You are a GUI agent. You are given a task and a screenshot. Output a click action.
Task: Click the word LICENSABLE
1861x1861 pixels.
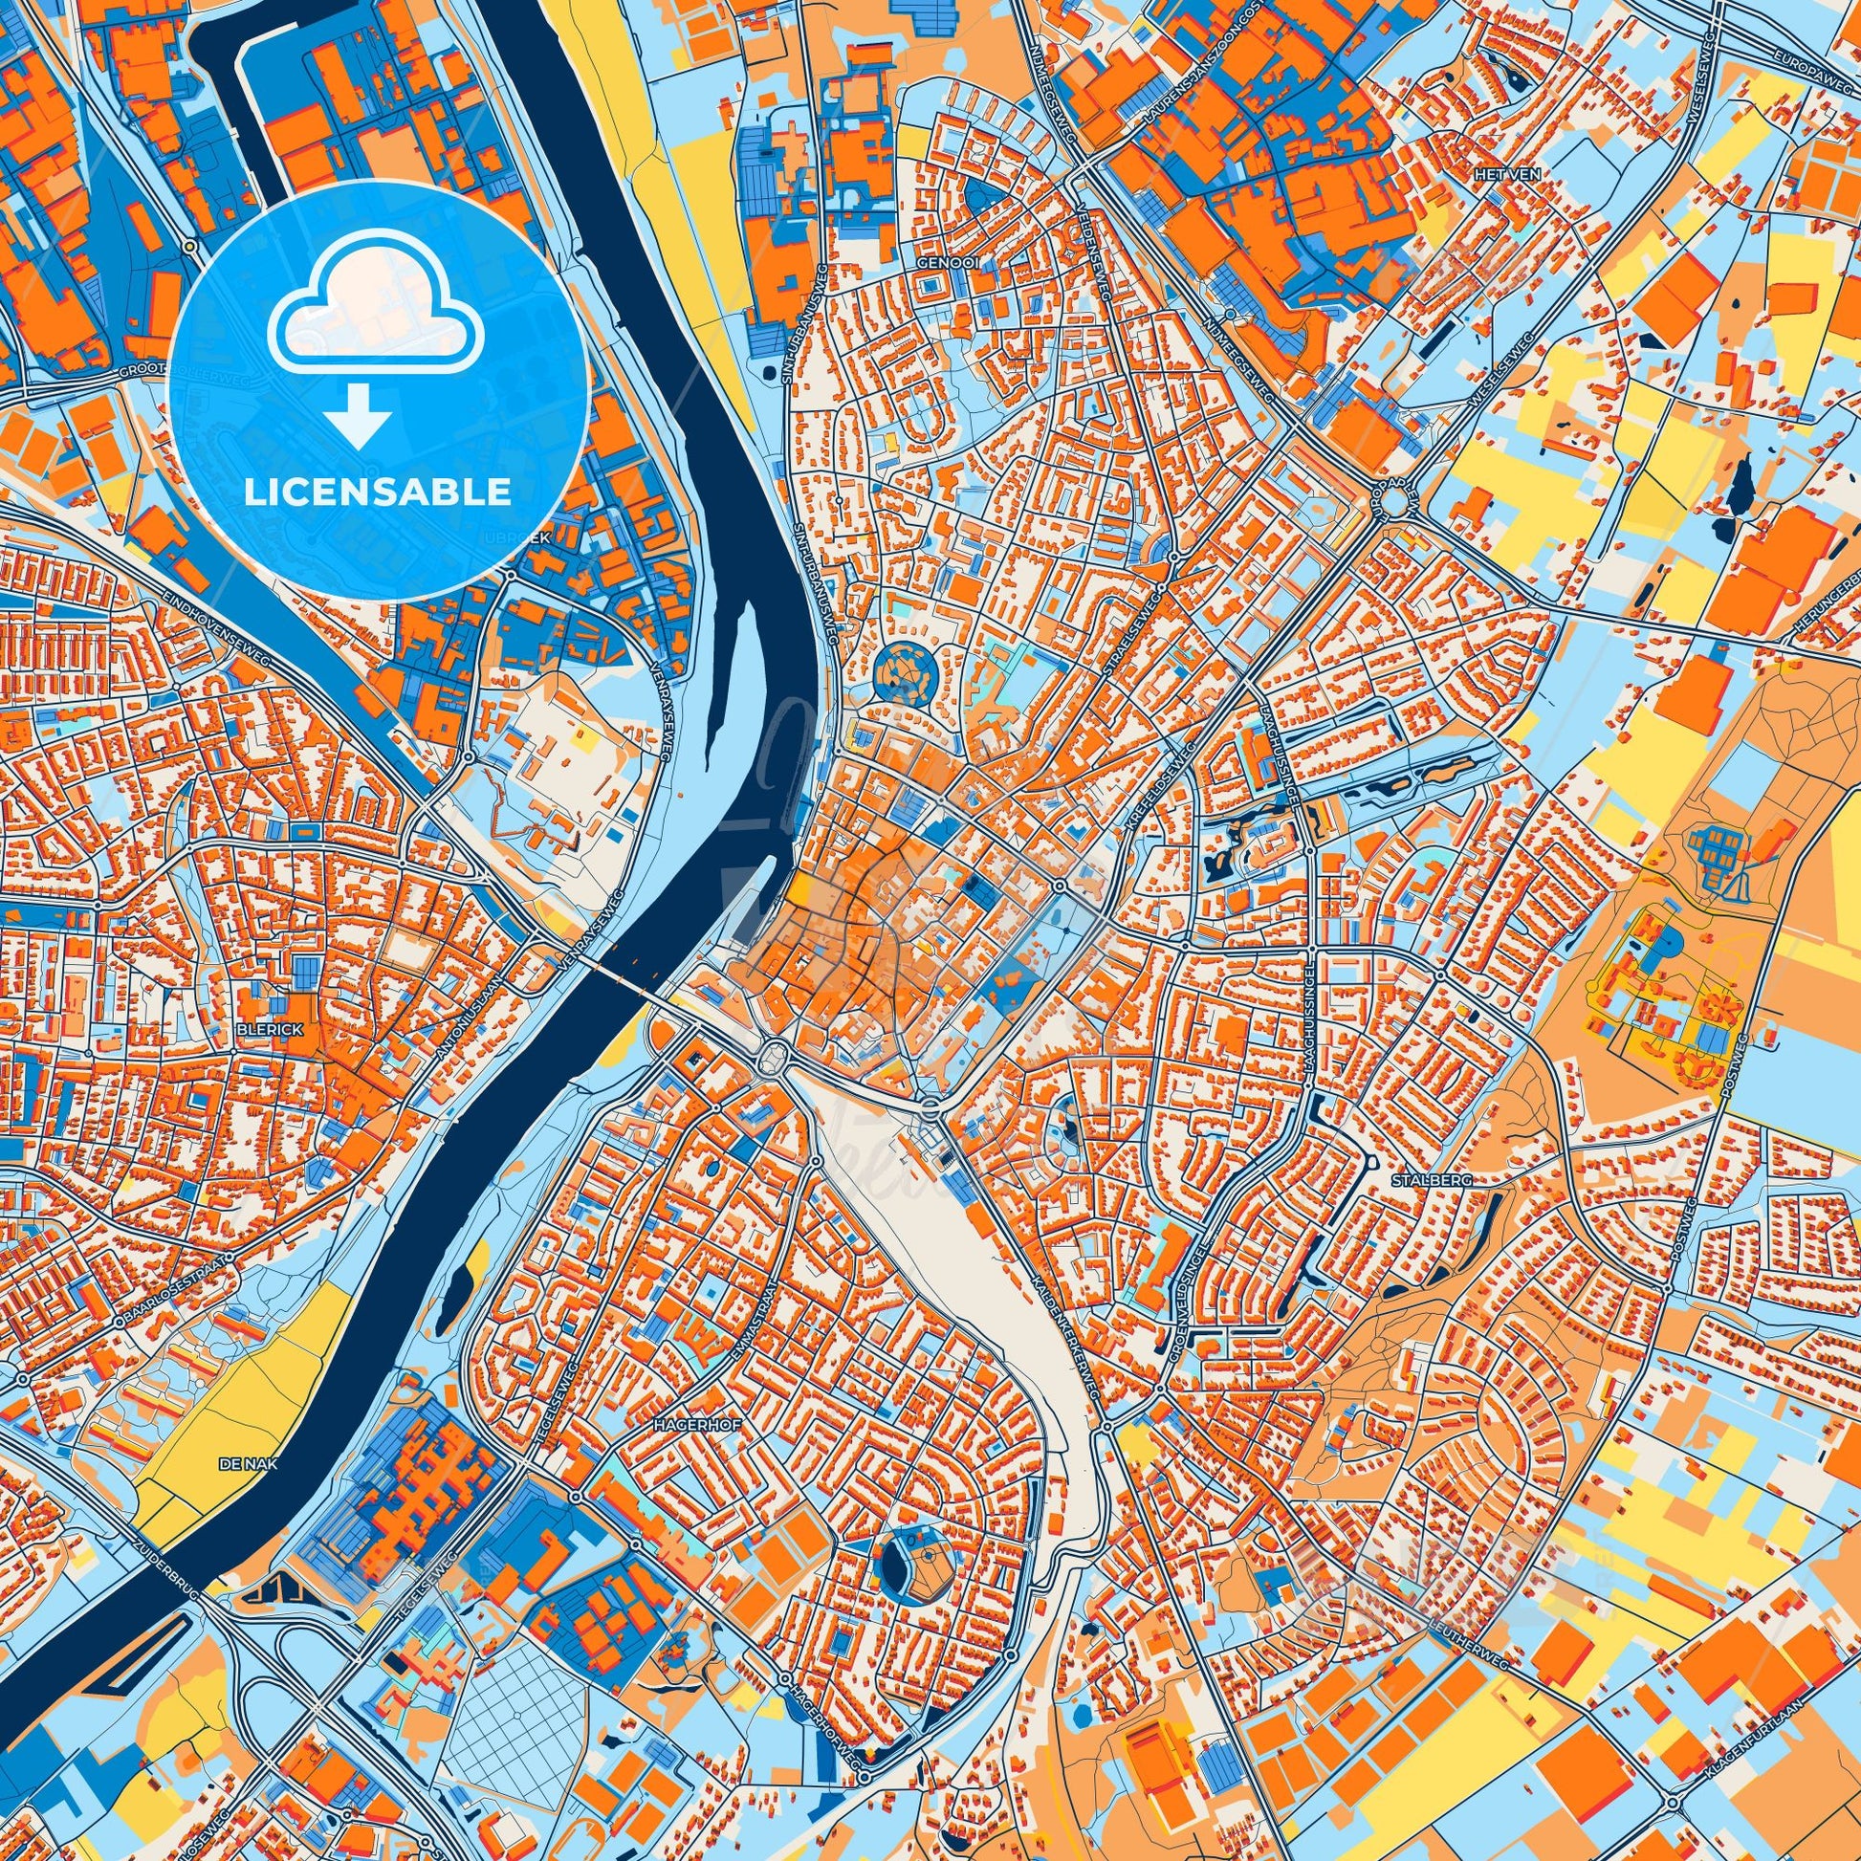378,492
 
